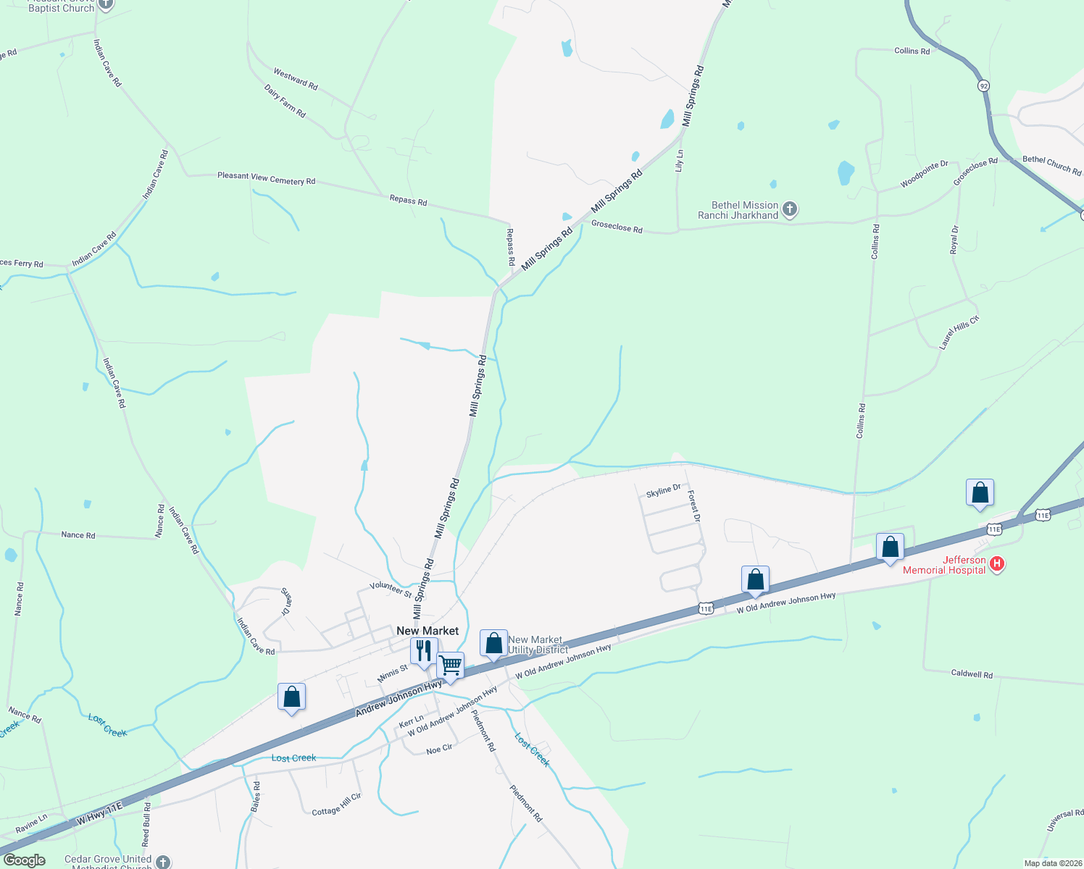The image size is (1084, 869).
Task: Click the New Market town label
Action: point(428,631)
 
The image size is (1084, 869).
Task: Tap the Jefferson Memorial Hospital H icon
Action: point(997,563)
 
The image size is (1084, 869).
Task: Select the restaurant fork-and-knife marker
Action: point(424,651)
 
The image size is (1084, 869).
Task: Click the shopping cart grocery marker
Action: point(451,665)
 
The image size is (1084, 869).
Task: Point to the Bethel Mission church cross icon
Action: point(790,210)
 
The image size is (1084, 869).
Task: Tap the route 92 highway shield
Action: point(983,85)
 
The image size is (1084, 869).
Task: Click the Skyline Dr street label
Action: point(663,491)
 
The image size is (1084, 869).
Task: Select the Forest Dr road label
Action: point(694,506)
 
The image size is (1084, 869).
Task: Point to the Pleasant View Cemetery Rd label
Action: point(266,178)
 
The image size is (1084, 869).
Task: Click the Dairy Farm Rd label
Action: point(285,101)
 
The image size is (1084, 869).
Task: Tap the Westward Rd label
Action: point(296,79)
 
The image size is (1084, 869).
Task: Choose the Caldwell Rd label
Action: point(972,673)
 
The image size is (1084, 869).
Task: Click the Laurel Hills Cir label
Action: point(959,332)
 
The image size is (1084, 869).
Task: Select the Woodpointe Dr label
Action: point(925,175)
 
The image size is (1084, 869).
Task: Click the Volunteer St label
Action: point(391,589)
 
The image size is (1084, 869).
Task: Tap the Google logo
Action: point(24,860)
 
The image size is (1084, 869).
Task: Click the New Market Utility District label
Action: point(537,645)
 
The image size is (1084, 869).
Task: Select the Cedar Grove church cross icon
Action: point(163,862)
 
